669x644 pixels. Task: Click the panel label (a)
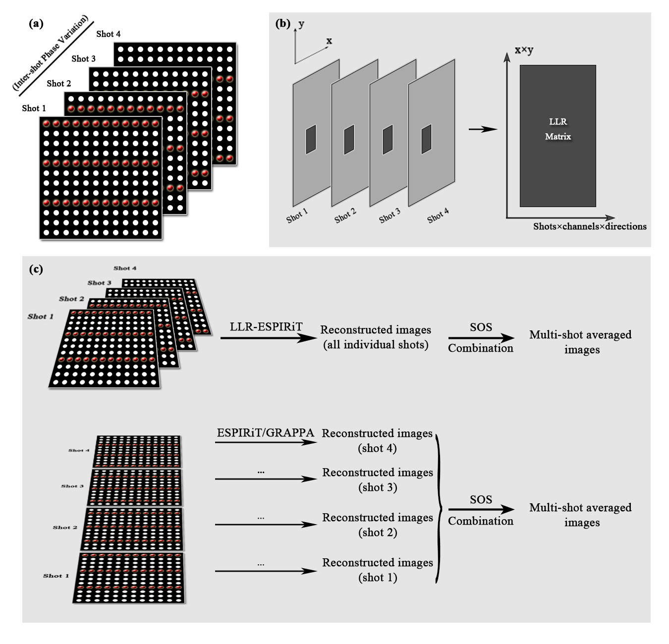[36, 23]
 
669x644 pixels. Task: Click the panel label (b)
[282, 23]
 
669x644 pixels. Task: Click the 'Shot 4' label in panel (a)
[108, 34]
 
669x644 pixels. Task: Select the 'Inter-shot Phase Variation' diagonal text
[50, 54]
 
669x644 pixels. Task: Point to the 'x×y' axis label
[524, 50]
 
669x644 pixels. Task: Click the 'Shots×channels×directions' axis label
[590, 226]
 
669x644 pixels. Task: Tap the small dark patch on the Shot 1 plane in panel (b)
[311, 139]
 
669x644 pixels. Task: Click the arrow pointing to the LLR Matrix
[482, 129]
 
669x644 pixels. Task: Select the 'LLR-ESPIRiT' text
[266, 327]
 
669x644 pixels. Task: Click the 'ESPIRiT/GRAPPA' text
[265, 432]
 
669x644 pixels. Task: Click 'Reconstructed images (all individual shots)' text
[376, 337]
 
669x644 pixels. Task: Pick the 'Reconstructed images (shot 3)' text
[378, 480]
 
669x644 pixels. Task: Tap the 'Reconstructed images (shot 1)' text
[378, 570]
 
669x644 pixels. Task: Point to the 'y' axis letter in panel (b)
[301, 24]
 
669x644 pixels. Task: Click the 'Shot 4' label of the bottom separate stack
[79, 450]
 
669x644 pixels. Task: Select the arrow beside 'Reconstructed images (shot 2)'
[266, 525]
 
